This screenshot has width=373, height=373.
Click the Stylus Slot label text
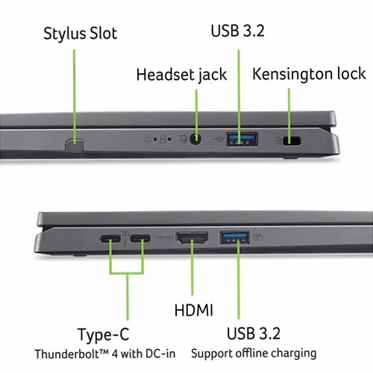pos(80,34)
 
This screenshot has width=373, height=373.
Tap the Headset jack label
pos(181,75)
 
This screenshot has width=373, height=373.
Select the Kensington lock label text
pos(309,74)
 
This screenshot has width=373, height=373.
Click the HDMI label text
pos(194,310)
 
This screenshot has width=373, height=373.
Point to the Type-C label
pos(104,335)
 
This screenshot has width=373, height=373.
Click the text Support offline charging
pos(254,354)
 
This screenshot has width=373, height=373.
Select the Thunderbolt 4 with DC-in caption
pos(105,354)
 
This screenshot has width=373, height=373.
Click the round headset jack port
pos(195,140)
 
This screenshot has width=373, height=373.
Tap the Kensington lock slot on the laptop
pos(292,141)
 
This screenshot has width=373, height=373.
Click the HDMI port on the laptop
pos(192,238)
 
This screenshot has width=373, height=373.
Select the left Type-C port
pos(110,239)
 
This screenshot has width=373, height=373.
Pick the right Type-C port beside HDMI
pos(140,239)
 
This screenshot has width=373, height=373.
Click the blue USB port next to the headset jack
pos(242,140)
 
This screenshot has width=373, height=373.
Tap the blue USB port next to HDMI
pos(234,237)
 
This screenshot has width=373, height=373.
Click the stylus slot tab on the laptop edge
pos(75,146)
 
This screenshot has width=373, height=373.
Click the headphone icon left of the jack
pos(184,140)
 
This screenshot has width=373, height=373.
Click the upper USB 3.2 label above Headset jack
pos(237,31)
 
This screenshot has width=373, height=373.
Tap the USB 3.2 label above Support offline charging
pos(254,333)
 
